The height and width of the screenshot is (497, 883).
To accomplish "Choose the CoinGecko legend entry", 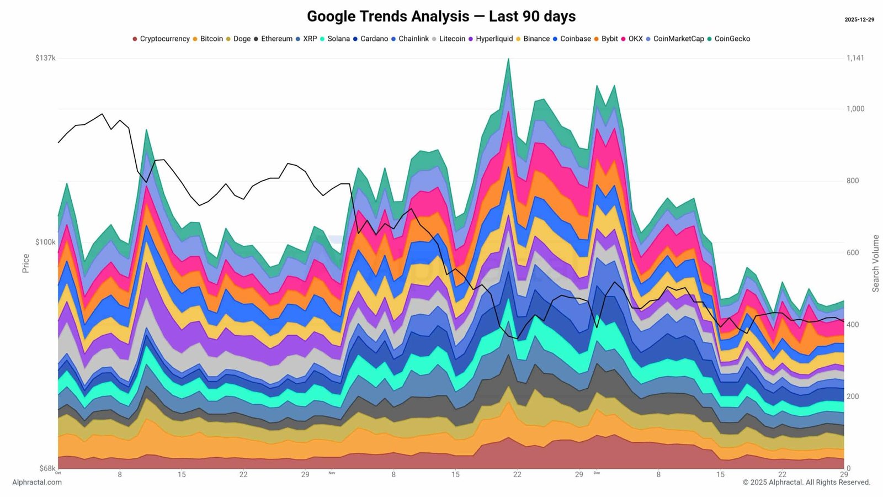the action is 728,39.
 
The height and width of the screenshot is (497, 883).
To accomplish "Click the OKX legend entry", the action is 632,39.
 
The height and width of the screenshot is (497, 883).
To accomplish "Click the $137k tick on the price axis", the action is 45,58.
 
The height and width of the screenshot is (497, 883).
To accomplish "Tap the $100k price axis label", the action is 45,242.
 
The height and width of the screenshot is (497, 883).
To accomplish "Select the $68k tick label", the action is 47,468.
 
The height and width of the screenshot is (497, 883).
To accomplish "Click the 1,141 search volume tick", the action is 855,58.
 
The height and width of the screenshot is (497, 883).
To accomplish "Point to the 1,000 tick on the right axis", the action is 855,109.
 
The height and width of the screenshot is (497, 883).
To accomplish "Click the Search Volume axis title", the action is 875,263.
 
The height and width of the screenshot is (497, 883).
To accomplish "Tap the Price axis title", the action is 25,263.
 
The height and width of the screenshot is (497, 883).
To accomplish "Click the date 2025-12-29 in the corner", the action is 859,20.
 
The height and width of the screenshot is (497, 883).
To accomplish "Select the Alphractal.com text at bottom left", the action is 37,482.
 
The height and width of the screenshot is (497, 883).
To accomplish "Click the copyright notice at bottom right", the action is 806,482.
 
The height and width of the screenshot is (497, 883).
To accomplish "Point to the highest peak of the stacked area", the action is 508,59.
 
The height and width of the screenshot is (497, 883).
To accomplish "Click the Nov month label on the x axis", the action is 332,473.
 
